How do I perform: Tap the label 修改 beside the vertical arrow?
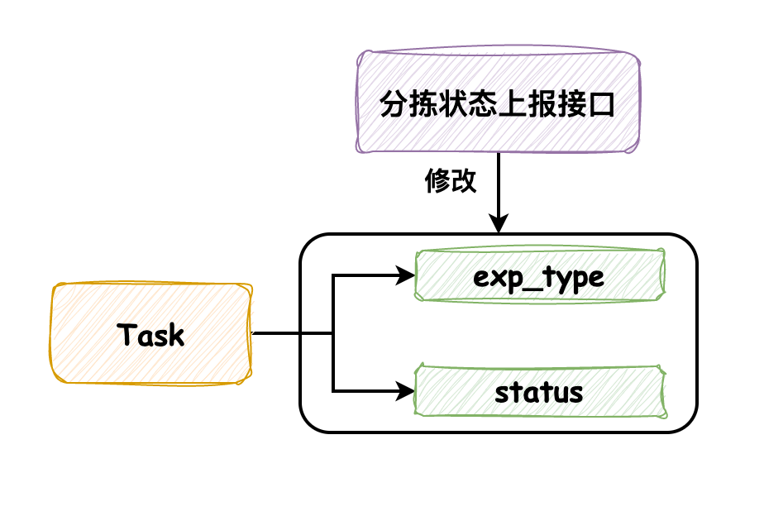tap(451, 181)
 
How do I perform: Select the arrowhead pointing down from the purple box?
tap(499, 223)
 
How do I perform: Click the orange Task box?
tap(151, 334)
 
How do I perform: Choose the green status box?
tap(540, 391)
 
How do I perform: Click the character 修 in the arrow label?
tap(437, 181)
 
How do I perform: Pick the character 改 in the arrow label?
tap(465, 181)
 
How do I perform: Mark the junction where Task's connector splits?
tap(333, 334)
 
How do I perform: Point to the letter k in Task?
tap(176, 335)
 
